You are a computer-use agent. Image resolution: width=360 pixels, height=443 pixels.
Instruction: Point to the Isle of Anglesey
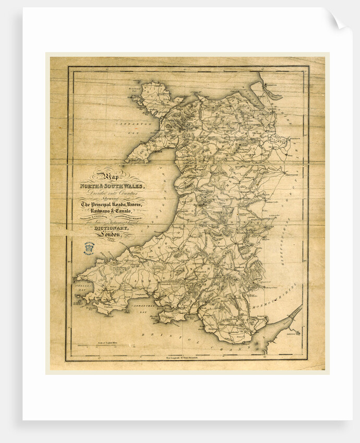pos(154,99)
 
